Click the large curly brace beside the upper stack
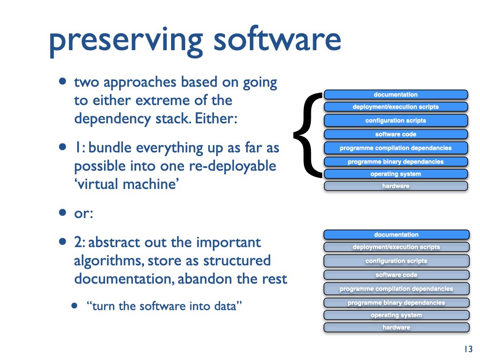click(x=308, y=135)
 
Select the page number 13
click(x=468, y=349)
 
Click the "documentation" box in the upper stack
click(x=396, y=95)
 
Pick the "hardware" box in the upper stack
click(x=396, y=186)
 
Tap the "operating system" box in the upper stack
click(x=396, y=174)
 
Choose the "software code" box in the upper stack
click(x=396, y=134)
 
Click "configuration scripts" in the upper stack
click(x=396, y=120)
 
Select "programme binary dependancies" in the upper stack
click(x=396, y=162)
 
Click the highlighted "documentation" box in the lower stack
click(x=396, y=234)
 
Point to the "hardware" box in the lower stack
click(x=396, y=327)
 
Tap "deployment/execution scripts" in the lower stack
click(x=396, y=247)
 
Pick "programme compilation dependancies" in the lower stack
click(x=396, y=289)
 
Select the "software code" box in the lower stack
click(x=396, y=275)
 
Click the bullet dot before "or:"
click(x=62, y=213)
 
